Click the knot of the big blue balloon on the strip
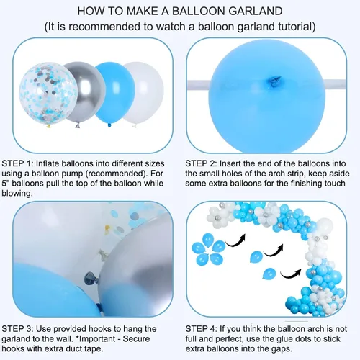[274, 81]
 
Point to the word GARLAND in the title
[255, 12]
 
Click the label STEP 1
[17, 163]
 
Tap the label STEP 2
[201, 163]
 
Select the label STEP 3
[17, 329]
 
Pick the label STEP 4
[201, 329]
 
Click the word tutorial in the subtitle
[294, 27]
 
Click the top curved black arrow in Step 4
[235, 240]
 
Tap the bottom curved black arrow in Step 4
[291, 274]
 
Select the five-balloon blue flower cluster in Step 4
[208, 250]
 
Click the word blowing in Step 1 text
[17, 194]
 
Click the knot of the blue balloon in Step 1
[109, 125]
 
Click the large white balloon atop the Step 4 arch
[325, 226]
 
